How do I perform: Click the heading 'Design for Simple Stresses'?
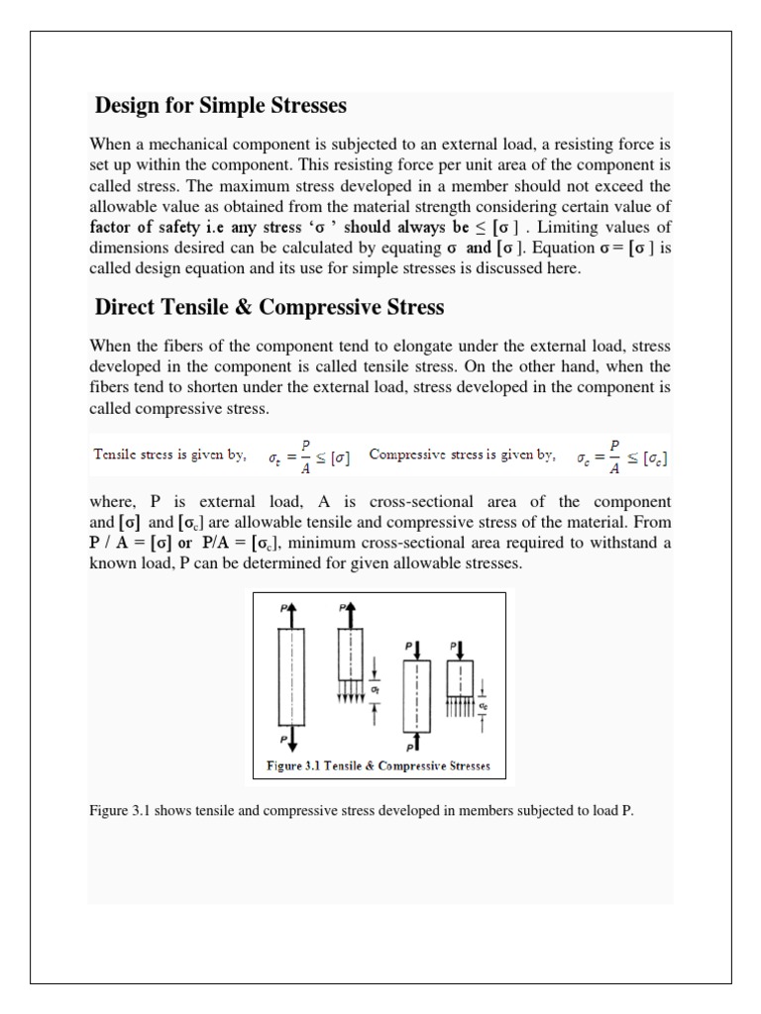[x=220, y=106]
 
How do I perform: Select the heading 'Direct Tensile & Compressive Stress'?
[x=270, y=307]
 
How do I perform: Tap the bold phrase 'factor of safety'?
[x=148, y=225]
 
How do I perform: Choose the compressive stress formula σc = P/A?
[x=621, y=457]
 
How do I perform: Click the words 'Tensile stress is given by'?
[x=169, y=456]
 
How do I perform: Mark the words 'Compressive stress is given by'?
[x=463, y=456]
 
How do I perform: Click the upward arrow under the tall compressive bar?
[x=415, y=741]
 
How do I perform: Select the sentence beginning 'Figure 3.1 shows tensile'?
[x=361, y=811]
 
